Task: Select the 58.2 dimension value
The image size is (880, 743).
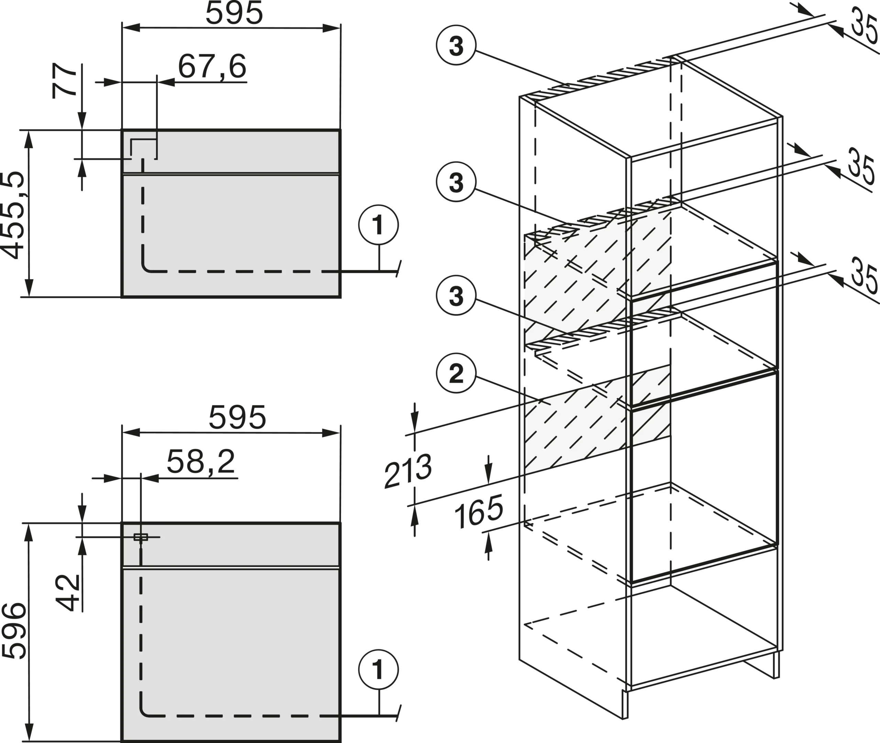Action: (200, 462)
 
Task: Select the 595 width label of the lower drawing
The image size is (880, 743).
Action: (238, 418)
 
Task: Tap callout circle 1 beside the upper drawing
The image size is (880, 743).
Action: (379, 225)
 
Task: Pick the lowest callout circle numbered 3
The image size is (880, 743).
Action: (456, 296)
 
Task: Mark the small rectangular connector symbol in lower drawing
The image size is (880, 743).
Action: (141, 537)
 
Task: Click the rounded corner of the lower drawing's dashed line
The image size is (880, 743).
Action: (145, 711)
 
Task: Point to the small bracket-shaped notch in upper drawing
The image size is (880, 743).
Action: (143, 148)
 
